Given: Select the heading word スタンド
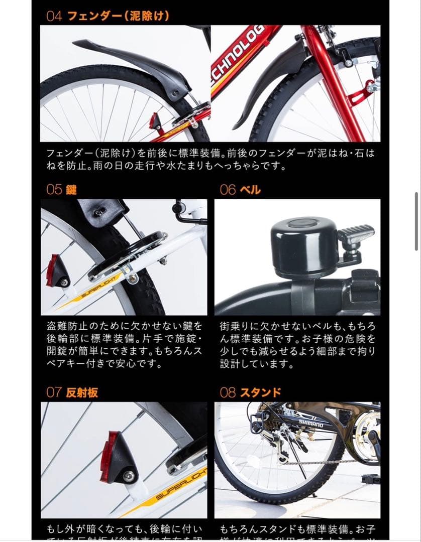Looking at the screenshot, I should pyautogui.click(x=260, y=392).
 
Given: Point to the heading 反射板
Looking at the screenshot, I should pyautogui.click(x=82, y=392).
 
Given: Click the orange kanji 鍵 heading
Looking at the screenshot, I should pyautogui.click(x=71, y=190).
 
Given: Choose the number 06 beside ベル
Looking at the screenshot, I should pyautogui.click(x=228, y=190).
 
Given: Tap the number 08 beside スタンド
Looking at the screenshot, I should pyautogui.click(x=228, y=392).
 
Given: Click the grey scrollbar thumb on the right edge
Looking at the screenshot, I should pyautogui.click(x=416, y=221).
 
